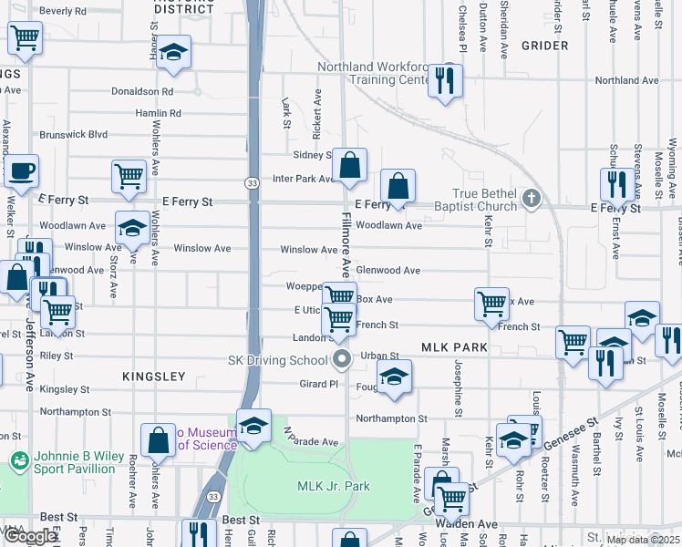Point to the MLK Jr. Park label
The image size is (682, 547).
(334, 486)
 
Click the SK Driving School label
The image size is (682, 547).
(276, 360)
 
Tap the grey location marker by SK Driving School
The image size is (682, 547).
(342, 359)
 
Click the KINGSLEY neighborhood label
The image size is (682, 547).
(154, 377)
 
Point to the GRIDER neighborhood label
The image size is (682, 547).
(544, 46)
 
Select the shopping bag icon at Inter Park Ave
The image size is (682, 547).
(349, 165)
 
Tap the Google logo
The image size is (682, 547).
(30, 536)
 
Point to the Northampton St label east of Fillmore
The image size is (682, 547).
(391, 419)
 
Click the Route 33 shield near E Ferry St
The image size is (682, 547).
(252, 183)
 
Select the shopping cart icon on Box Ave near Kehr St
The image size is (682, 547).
(491, 302)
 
